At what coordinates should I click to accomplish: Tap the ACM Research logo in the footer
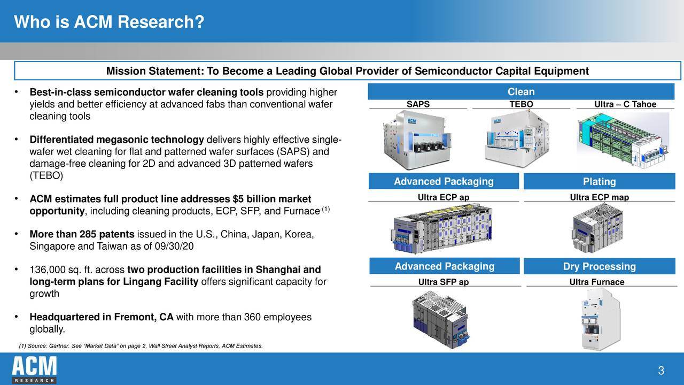coord(34,369)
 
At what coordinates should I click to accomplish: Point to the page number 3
coord(661,371)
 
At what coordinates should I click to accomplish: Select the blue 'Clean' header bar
coord(521,91)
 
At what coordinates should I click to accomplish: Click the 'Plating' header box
coord(599,182)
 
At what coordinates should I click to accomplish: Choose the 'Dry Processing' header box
coord(599,266)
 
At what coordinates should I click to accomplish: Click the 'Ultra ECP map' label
coord(599,197)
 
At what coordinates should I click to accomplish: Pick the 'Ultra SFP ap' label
coord(444,282)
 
